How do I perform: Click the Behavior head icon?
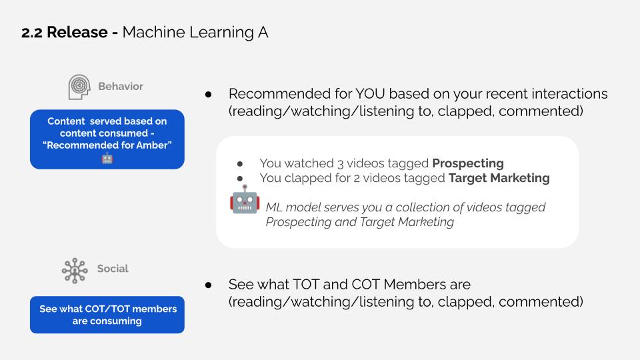(79, 87)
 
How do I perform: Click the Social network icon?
(75, 271)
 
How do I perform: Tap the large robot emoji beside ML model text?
(244, 199)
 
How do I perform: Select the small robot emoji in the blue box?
(107, 159)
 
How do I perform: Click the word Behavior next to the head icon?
(121, 87)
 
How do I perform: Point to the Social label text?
(113, 269)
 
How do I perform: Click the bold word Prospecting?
(467, 163)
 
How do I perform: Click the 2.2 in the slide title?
(34, 32)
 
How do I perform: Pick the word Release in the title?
(82, 32)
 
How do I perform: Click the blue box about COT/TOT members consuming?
(107, 315)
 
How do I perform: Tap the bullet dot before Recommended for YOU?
(209, 95)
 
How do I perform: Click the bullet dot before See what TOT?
(209, 285)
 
